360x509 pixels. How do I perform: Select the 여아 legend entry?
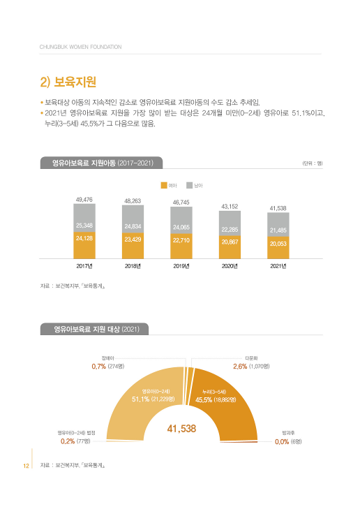click(169, 185)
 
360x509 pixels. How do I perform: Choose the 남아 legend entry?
click(195, 185)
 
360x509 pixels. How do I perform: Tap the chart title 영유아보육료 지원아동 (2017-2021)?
click(103, 163)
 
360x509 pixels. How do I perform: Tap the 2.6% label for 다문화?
click(239, 365)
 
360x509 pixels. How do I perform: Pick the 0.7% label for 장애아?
click(98, 365)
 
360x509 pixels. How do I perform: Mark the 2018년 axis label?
click(133, 266)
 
